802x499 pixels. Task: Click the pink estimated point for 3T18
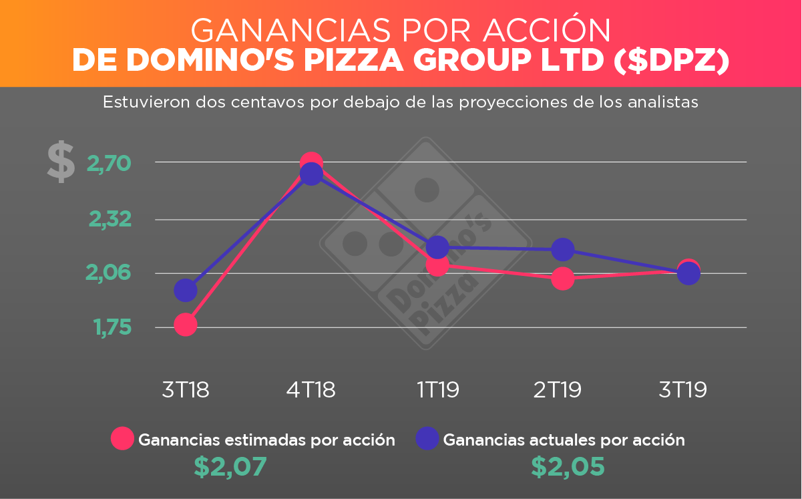point(185,325)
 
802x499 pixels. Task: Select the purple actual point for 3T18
point(185,290)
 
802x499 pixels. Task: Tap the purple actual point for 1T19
point(437,247)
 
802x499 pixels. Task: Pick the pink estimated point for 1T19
point(437,265)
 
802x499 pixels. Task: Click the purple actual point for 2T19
point(563,249)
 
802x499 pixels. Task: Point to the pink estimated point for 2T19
point(563,278)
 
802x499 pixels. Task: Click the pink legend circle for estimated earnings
point(123,439)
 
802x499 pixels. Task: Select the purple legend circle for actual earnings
point(427,439)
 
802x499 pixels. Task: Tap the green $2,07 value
point(230,466)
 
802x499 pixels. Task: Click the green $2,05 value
point(568,466)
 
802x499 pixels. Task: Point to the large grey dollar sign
point(61,162)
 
